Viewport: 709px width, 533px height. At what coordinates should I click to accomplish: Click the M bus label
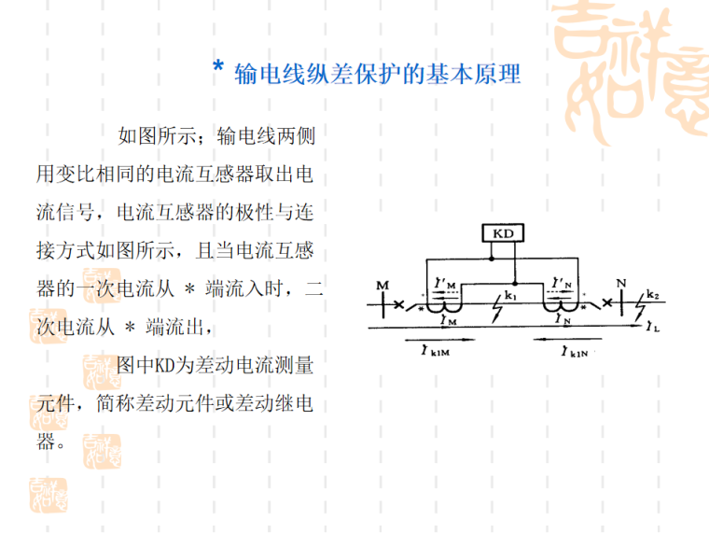point(382,284)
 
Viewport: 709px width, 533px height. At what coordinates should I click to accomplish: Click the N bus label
point(621,283)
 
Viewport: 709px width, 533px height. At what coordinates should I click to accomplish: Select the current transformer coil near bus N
point(564,307)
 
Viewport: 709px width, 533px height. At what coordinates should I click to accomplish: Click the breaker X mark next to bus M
point(400,304)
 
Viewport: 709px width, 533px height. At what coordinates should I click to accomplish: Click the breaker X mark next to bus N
point(607,304)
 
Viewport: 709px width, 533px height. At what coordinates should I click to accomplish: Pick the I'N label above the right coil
point(563,281)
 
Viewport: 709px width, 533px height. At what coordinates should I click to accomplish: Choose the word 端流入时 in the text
point(251,289)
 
